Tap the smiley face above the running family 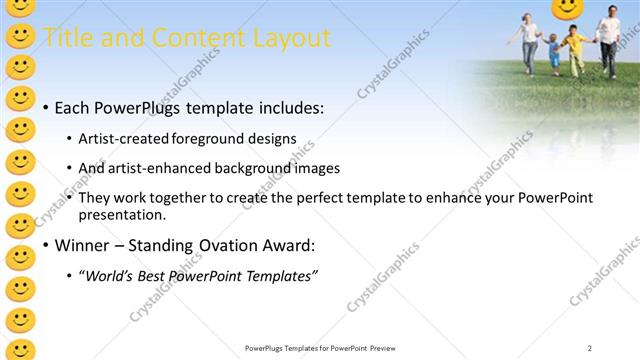(567, 9)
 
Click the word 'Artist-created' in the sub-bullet (123, 138)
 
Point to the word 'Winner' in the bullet (82, 245)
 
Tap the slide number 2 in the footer (590, 348)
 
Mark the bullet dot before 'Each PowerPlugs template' (45, 107)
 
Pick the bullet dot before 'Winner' (45, 245)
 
